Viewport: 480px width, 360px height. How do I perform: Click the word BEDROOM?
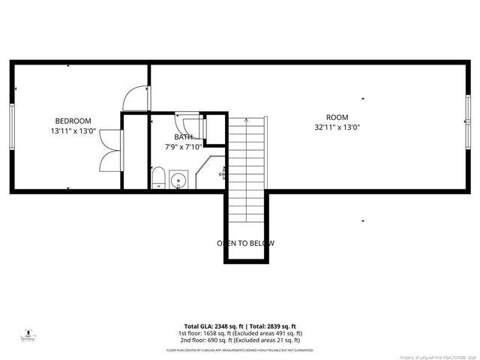[x=73, y=121]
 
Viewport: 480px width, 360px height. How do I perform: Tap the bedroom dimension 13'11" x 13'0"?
[x=73, y=130]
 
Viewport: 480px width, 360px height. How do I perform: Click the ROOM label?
[x=337, y=117]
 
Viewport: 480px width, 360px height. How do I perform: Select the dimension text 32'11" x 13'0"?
[x=337, y=127]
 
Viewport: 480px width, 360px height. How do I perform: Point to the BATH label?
[x=183, y=137]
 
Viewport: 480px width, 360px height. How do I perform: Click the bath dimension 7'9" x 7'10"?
[x=183, y=147]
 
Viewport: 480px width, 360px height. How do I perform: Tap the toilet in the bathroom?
[x=158, y=178]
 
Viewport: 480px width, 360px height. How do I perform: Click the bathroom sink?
[x=178, y=180]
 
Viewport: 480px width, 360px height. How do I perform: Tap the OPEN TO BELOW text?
[x=246, y=243]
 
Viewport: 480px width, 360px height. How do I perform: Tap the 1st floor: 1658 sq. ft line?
[x=239, y=333]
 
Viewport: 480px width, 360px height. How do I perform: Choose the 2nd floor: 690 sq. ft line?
[x=239, y=340]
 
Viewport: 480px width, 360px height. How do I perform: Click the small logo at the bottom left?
[x=28, y=334]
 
